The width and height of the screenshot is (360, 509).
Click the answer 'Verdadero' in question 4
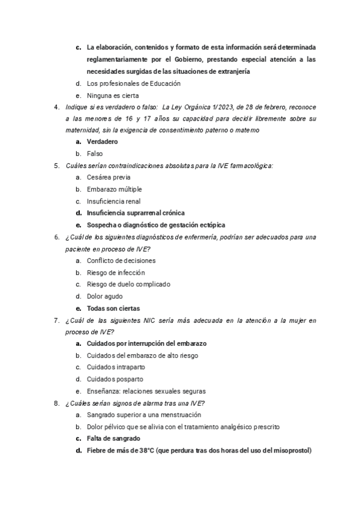(102, 142)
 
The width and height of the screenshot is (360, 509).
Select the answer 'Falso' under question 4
(95, 154)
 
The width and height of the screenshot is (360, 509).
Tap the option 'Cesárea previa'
(109, 178)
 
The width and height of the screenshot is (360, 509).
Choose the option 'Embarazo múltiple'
(114, 190)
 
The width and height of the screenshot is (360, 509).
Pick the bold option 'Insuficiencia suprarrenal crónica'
(136, 213)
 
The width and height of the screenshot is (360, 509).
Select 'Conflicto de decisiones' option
(121, 261)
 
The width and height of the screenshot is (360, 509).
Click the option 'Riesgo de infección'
(115, 273)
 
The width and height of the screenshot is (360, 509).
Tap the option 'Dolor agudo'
(104, 296)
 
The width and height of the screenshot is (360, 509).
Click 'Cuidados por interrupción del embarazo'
(146, 343)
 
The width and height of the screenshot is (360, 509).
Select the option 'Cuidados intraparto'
(115, 367)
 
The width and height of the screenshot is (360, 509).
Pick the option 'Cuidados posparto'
(115, 379)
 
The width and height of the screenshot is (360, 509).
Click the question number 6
(56, 237)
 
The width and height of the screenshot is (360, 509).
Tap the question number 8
(56, 403)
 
